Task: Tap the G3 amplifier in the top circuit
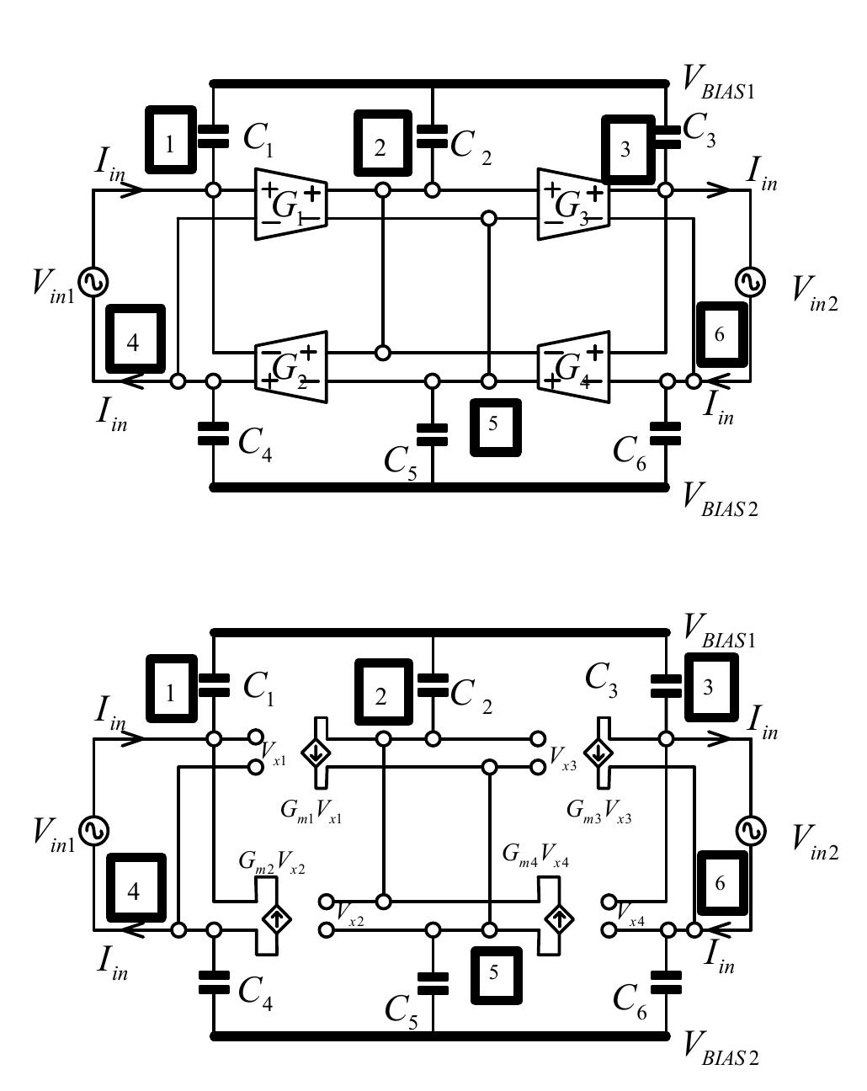pos(573,204)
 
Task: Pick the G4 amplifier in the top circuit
pos(573,367)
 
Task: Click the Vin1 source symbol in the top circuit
pos(93,281)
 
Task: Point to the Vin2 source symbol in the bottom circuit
pos(749,831)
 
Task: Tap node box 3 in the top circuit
pos(626,150)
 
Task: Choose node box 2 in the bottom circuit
pos(382,696)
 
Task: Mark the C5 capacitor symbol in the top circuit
pos(433,434)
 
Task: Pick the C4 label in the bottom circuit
pos(255,991)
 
